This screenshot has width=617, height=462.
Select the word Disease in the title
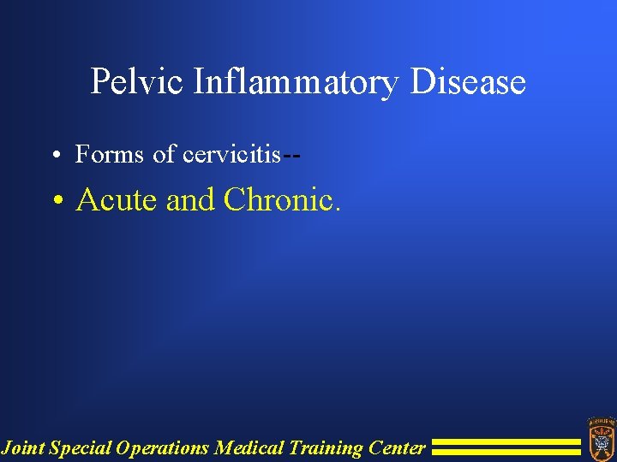(x=468, y=83)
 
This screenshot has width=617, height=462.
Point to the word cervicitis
(x=231, y=154)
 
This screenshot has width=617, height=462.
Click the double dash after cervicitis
(x=291, y=155)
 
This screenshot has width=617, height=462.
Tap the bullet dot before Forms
(x=54, y=155)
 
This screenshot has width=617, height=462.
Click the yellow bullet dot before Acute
(x=57, y=201)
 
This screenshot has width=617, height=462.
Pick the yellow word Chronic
(x=282, y=199)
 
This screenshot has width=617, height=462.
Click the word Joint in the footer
(x=23, y=447)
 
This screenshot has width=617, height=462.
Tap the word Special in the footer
(x=81, y=447)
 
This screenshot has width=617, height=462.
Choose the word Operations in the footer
(x=163, y=447)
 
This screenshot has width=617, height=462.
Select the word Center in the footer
(x=397, y=447)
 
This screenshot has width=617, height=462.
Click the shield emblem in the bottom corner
(x=600, y=436)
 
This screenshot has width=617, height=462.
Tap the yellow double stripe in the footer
(x=506, y=447)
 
